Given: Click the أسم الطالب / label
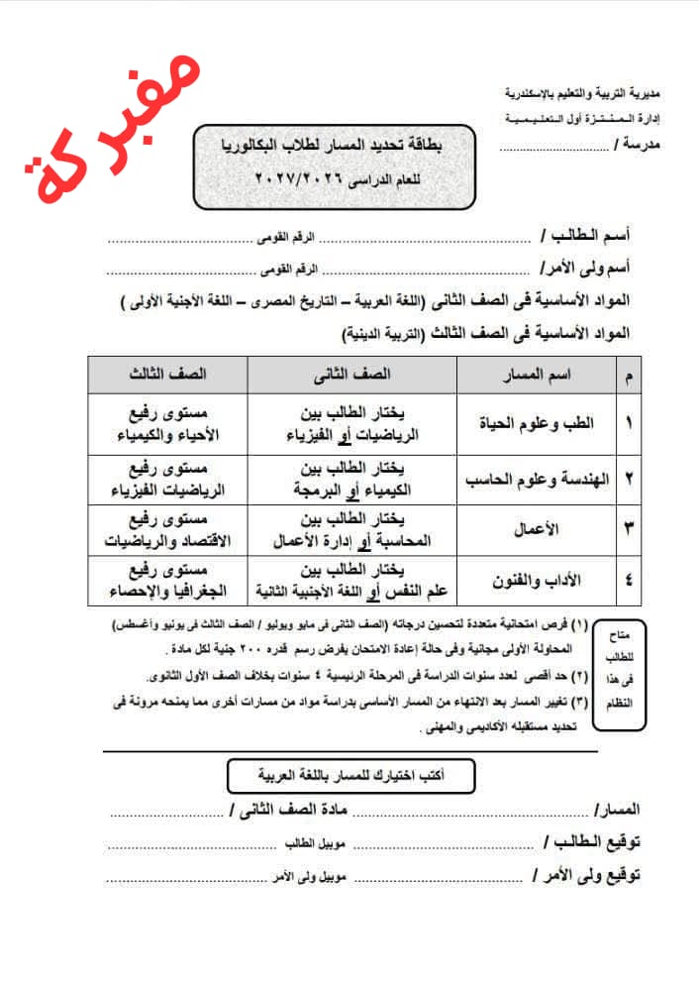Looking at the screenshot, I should pos(590,239).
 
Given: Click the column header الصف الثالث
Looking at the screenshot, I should pos(166,375).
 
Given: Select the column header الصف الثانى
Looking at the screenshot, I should pos(351,375).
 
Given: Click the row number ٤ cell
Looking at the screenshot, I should pos(631,581).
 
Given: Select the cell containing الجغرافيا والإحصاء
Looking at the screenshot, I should pos(166,581).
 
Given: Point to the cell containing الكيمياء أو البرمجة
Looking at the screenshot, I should pos(351,479).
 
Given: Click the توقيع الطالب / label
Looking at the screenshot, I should pos(593,843).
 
